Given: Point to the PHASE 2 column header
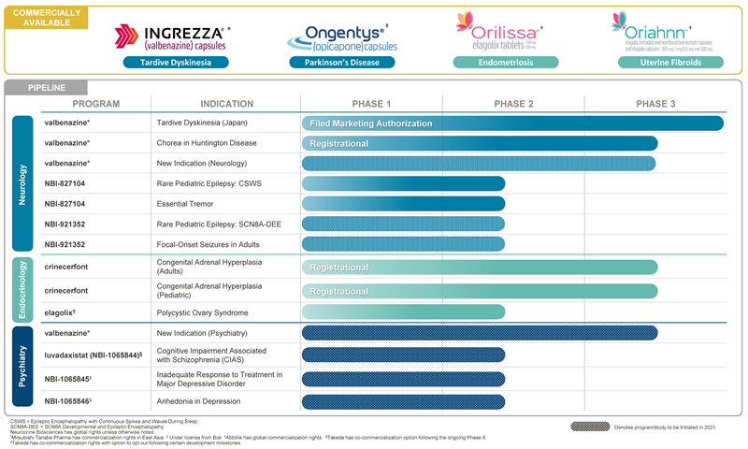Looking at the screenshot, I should [x=513, y=104].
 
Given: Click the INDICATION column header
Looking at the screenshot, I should [x=226, y=104].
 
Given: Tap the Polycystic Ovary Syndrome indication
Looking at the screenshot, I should [x=202, y=312].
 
